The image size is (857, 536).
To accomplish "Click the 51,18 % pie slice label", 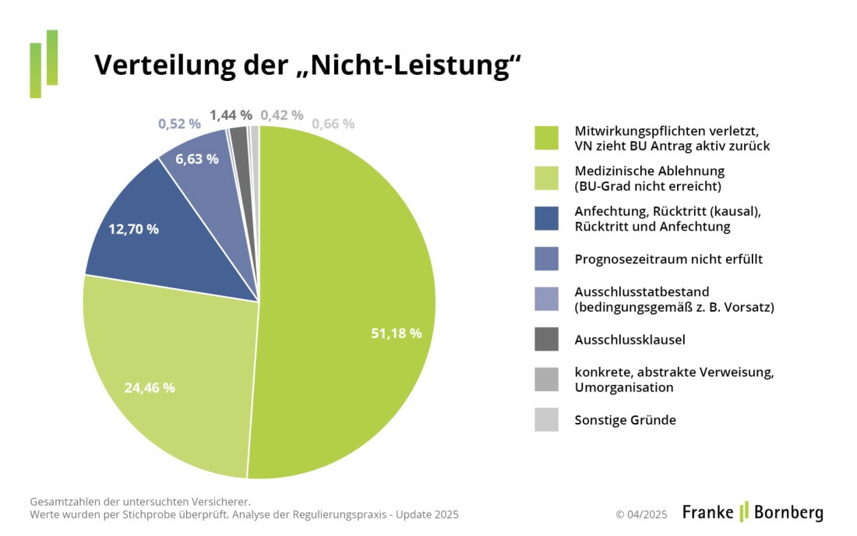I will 396,333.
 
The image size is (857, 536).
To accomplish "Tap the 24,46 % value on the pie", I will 150,387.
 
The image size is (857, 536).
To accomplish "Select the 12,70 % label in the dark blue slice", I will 133,229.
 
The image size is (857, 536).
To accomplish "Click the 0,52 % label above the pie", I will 179,124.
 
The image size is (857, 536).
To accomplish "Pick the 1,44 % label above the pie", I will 231,115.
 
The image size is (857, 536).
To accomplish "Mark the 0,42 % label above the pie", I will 282,115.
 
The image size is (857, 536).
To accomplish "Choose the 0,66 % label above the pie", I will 333,124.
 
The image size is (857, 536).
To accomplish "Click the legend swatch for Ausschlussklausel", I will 546,340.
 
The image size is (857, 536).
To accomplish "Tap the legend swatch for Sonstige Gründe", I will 546,420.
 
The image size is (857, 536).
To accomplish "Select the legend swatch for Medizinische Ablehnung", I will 546,178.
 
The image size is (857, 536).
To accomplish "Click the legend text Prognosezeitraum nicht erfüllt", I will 668,259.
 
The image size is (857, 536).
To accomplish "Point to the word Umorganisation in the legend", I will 624,387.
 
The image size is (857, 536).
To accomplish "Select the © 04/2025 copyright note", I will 641,514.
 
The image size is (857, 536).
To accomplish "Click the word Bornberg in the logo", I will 788,512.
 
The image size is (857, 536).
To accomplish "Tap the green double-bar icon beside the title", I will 44,63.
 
